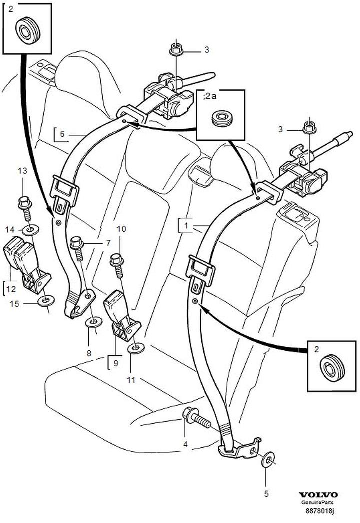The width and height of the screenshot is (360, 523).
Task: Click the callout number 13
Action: (22, 171)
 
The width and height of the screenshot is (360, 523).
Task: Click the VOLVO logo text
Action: (318, 495)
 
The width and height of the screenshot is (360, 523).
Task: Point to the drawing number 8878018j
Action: (319, 511)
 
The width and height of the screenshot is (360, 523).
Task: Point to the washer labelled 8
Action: (93, 322)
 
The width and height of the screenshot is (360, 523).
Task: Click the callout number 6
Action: (62, 134)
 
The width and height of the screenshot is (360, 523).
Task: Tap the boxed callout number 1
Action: (186, 226)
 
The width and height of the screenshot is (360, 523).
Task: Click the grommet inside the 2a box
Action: (220, 119)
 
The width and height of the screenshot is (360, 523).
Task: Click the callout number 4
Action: (185, 443)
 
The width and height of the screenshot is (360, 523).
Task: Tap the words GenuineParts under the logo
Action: (318, 503)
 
